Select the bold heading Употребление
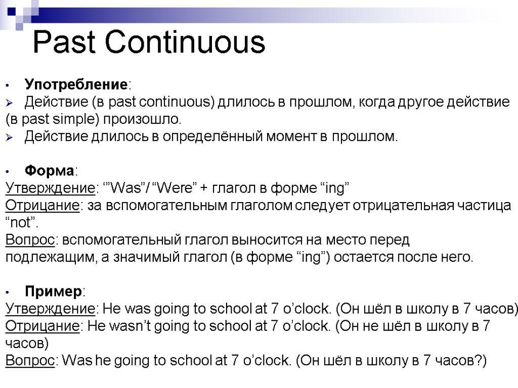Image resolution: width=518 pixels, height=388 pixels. [x=76, y=84]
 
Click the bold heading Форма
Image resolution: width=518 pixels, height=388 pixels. [x=50, y=171]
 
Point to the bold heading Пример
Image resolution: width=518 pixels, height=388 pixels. [x=54, y=292]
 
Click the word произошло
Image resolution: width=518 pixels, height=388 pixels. [x=142, y=119]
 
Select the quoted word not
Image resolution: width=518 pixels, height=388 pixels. [x=20, y=223]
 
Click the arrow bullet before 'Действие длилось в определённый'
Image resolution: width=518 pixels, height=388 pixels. [x=9, y=137]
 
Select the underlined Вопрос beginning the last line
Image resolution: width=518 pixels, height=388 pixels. [x=30, y=360]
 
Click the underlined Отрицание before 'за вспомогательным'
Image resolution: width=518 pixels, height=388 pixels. [x=42, y=206]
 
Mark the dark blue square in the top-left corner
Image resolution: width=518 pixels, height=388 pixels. [x=11, y=12]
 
